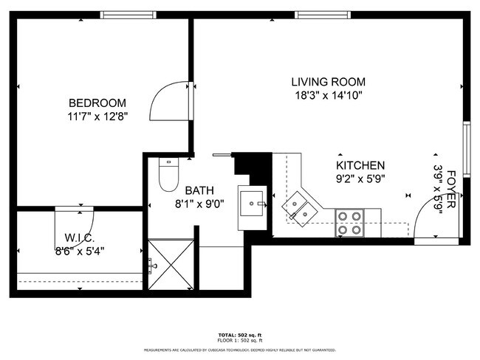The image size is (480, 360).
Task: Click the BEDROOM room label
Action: click(97, 103)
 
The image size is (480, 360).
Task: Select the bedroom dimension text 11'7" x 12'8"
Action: click(97, 116)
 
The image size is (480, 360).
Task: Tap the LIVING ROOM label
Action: click(328, 82)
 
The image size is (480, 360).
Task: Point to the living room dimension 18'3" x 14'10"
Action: click(328, 94)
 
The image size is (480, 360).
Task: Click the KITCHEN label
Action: click(360, 165)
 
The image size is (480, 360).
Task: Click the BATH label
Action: click(199, 190)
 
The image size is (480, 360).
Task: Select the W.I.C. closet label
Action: click(79, 238)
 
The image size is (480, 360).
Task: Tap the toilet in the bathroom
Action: click(168, 175)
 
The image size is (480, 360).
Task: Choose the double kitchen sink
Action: click(301, 207)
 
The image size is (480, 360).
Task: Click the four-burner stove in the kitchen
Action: click(350, 223)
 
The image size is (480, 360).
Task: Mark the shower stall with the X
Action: click(171, 263)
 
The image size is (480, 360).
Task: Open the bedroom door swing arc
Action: click(168, 101)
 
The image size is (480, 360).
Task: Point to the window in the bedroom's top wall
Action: click(128, 15)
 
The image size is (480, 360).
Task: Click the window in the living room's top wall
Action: click(323, 15)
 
